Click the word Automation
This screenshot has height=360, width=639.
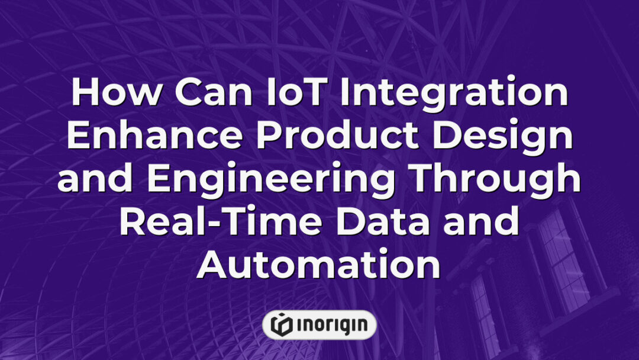coord(319,265)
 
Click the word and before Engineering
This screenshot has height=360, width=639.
coord(98,179)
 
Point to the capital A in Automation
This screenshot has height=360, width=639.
coord(214,265)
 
